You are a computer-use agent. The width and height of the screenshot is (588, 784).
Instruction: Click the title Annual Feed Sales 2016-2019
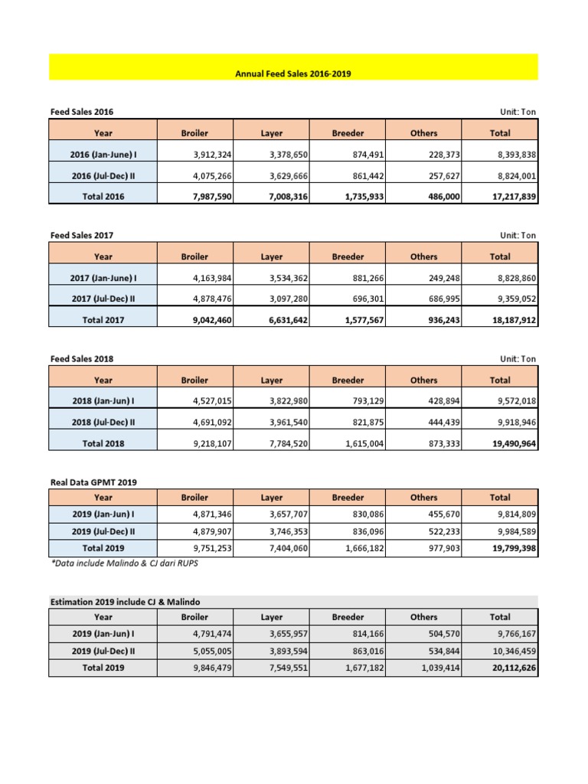tap(293, 74)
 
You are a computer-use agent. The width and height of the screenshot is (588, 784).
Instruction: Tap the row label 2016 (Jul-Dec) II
tap(103, 175)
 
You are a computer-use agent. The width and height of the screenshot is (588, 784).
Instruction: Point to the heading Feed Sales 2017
tap(81, 235)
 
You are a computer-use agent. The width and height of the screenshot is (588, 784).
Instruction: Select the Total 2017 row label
tap(103, 320)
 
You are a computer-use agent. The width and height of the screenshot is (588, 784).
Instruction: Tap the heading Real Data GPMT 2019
tap(93, 482)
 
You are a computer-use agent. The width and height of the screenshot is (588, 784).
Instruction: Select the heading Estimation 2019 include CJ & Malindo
tap(129, 601)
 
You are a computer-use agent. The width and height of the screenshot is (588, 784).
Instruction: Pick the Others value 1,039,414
tap(437, 668)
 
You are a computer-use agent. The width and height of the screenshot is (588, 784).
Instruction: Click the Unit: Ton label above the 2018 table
tap(518, 359)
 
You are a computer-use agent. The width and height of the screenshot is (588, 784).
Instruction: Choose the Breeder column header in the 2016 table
tap(348, 133)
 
